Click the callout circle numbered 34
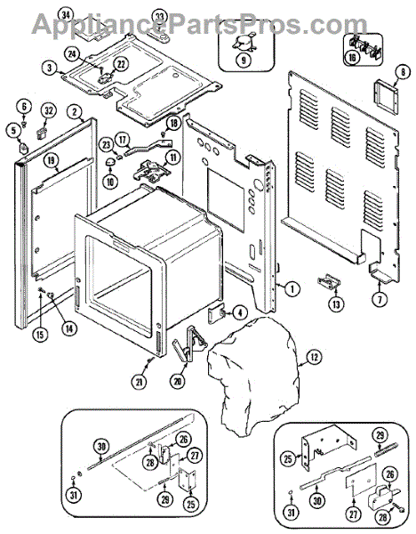(66, 16)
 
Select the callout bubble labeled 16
(352, 57)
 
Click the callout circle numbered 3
(50, 68)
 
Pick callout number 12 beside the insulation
(315, 357)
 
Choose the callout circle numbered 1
(292, 289)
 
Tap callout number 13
(336, 303)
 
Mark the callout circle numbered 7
(380, 299)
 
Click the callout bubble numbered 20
(178, 381)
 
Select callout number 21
(140, 382)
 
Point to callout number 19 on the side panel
(51, 160)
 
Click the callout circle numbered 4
(240, 313)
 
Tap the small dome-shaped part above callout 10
(109, 162)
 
